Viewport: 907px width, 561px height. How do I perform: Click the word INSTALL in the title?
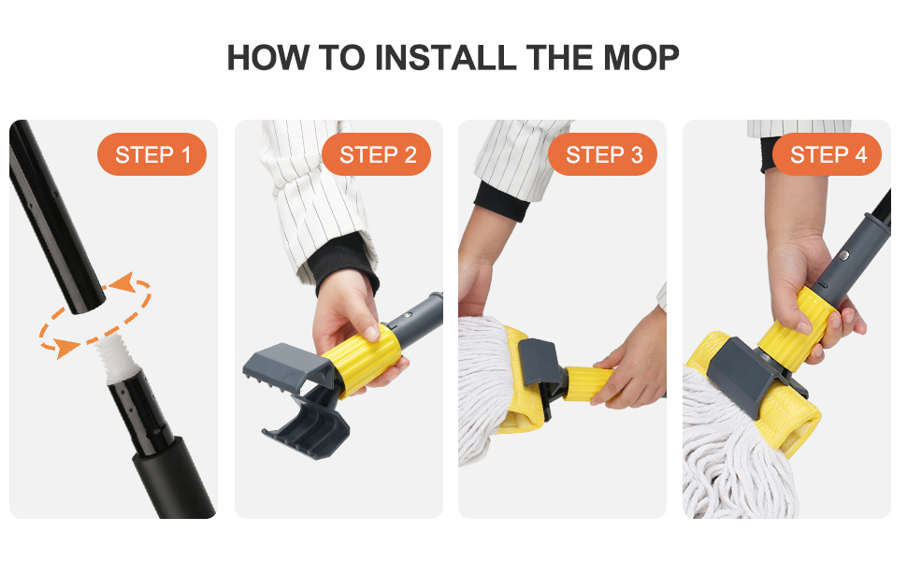coord(446,58)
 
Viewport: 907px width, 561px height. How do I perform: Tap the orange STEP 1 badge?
coord(152,155)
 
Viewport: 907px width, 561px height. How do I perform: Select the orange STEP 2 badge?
coord(377,155)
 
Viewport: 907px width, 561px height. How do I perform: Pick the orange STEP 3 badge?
coord(603,155)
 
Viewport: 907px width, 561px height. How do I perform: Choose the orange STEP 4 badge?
coord(828,155)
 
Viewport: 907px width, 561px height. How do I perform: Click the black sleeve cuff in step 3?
coord(501,200)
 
